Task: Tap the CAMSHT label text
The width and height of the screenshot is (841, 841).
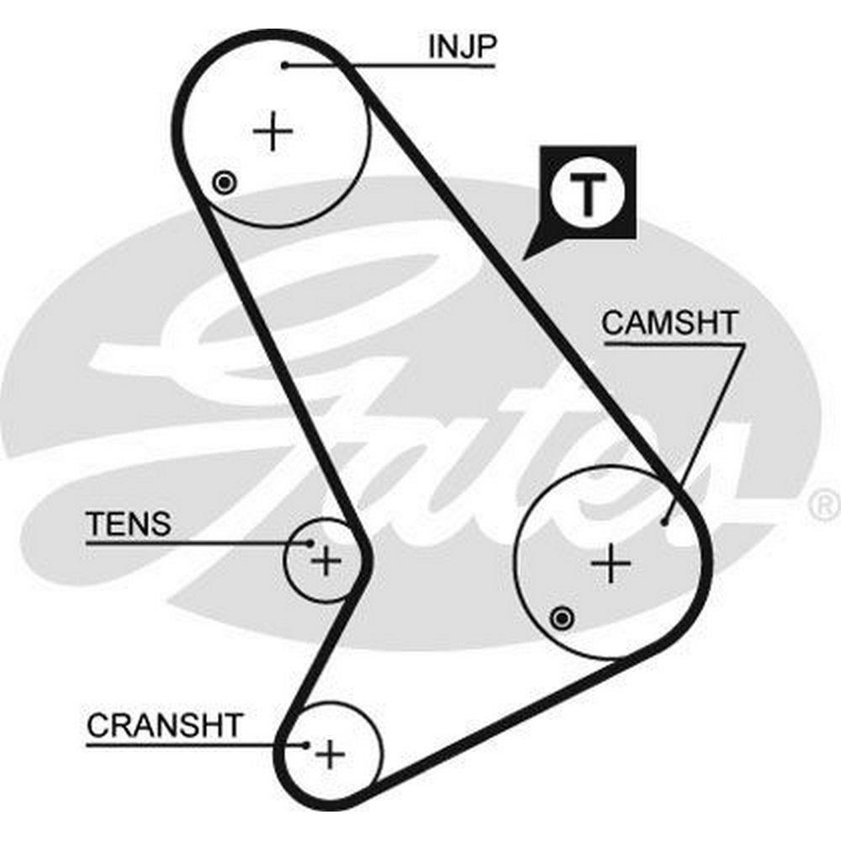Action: [669, 324]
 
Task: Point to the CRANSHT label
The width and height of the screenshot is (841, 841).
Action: [164, 725]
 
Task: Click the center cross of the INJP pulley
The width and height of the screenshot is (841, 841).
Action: [272, 133]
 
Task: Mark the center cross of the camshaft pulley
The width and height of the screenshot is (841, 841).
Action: [611, 563]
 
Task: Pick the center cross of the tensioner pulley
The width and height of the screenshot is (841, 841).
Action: [325, 560]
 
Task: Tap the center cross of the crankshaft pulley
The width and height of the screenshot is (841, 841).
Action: [331, 754]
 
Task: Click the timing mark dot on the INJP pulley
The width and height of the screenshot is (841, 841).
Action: [224, 182]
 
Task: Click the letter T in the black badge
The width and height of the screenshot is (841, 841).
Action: [589, 195]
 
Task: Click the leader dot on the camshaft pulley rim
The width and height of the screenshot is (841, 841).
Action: [665, 521]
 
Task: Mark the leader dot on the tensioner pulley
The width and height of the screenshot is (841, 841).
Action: [310, 543]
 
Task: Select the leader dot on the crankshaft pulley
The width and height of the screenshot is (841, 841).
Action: [307, 743]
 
